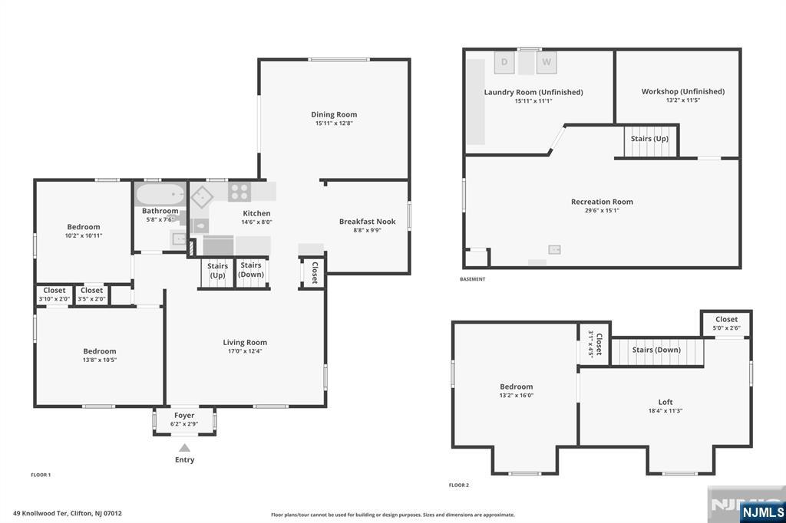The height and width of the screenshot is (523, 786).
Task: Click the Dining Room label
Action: pos(334,115)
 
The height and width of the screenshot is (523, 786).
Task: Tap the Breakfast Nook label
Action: pos(367,222)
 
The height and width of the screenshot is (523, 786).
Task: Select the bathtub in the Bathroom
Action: pos(160,196)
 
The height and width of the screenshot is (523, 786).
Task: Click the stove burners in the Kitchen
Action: pos(239,192)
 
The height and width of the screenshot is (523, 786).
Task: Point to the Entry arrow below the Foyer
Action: pos(184,448)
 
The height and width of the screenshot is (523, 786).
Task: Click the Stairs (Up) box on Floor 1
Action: pos(217,271)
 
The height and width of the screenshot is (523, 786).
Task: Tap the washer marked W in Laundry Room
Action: pos(547,62)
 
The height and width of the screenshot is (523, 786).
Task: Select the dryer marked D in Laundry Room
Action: pos(505,62)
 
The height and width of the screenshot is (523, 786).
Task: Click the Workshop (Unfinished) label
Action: pos(682,91)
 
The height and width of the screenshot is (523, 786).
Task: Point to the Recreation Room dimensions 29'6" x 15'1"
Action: pos(602,210)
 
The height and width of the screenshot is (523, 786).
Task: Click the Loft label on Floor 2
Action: pos(665,402)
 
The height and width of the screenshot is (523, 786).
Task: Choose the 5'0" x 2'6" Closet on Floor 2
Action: pos(726,324)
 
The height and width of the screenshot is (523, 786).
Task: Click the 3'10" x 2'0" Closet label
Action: pos(54,291)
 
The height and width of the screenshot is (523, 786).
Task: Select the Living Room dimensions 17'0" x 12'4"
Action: pos(245,351)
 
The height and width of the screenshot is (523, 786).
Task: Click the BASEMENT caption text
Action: pos(472,279)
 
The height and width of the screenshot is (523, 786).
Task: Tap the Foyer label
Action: pos(184,415)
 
